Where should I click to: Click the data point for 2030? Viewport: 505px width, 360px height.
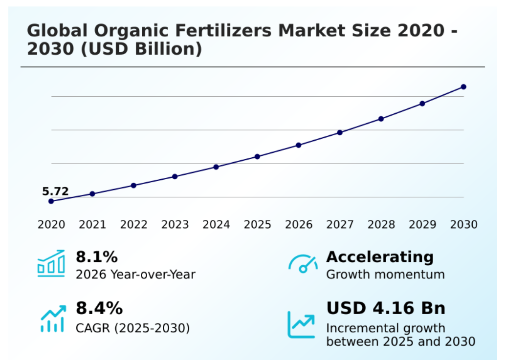(x=463, y=87)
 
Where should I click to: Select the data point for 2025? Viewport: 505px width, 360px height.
(x=258, y=157)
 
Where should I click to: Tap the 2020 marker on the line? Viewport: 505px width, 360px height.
(x=51, y=201)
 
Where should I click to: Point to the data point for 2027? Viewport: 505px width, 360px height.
(x=340, y=132)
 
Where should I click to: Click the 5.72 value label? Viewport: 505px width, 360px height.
(x=55, y=191)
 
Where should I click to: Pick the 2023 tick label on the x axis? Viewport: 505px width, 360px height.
(x=175, y=225)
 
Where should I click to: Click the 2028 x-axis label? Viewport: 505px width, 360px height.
(x=381, y=225)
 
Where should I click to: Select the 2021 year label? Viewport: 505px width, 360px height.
(x=92, y=225)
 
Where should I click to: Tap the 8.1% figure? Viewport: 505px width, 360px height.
(x=97, y=257)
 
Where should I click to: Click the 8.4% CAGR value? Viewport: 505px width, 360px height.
(x=99, y=309)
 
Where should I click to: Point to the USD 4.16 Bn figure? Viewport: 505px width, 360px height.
(x=386, y=309)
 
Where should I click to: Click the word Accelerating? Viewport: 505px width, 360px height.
(x=380, y=257)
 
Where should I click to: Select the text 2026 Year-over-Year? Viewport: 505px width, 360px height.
(x=135, y=275)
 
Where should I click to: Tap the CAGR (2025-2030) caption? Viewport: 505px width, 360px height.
(x=132, y=327)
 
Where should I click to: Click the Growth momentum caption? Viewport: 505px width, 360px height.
(x=385, y=275)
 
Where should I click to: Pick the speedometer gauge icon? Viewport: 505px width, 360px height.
(x=303, y=264)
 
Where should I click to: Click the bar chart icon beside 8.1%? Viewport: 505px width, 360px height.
(x=51, y=264)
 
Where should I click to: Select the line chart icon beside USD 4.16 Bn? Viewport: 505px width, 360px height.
(x=301, y=324)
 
